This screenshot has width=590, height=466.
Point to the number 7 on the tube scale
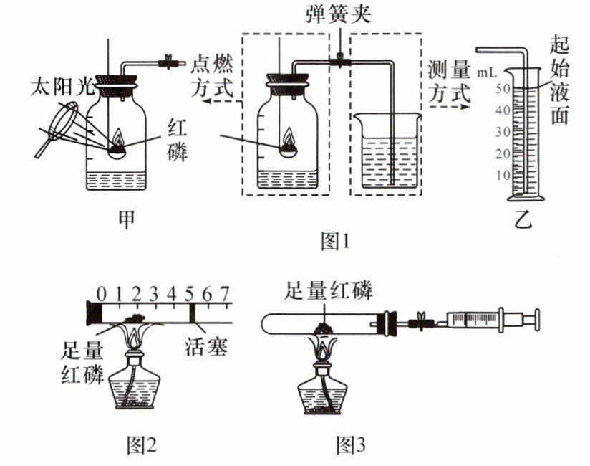(x=224, y=293)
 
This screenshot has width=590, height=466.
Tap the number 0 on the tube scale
(x=102, y=293)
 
